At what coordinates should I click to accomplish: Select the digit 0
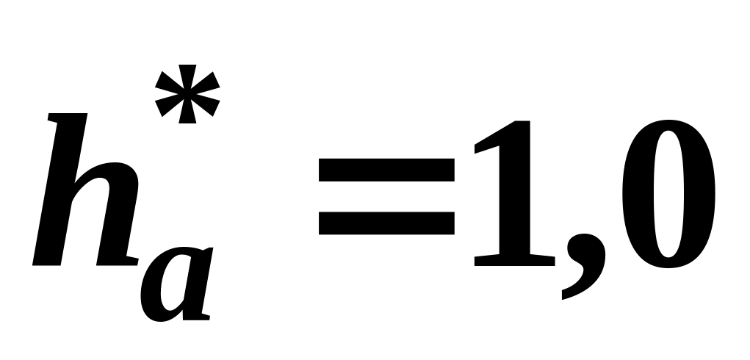(669, 194)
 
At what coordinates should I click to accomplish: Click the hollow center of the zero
(669, 194)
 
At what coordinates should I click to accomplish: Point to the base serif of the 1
(514, 259)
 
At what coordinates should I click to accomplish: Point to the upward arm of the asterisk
(187, 73)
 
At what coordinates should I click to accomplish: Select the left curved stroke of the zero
(636, 194)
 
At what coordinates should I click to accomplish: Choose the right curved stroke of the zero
(702, 194)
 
